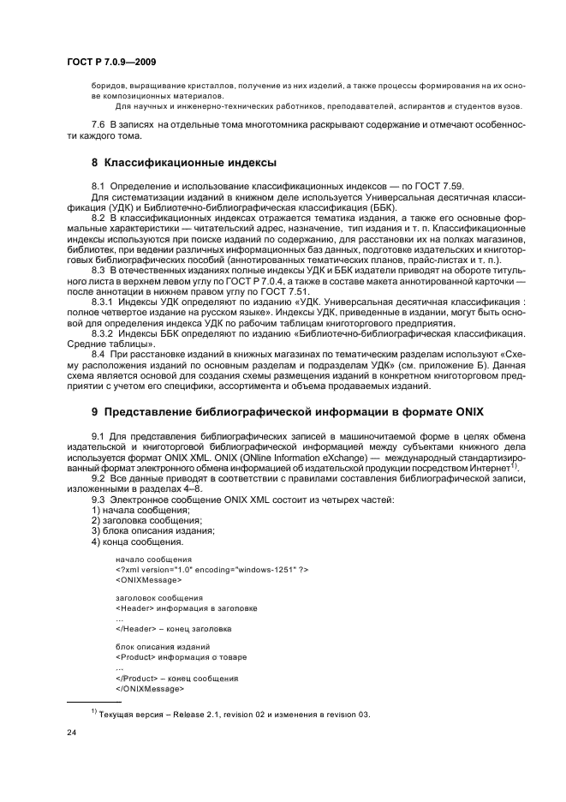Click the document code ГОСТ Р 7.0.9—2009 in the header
click(x=111, y=62)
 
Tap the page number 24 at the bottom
click(x=73, y=733)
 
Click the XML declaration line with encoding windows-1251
click(x=212, y=569)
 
